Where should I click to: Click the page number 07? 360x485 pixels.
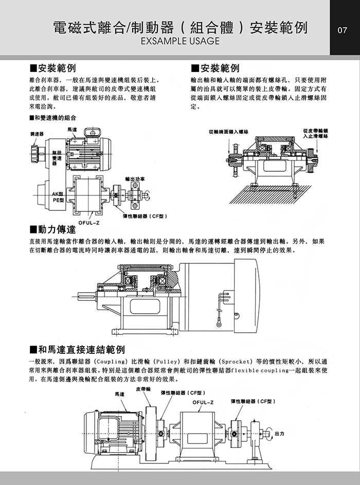click(x=343, y=30)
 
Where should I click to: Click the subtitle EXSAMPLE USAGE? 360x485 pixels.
click(x=180, y=41)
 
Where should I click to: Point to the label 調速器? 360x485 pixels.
click(x=37, y=133)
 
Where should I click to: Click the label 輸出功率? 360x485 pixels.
click(x=134, y=178)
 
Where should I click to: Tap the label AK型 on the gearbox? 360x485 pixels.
click(x=58, y=193)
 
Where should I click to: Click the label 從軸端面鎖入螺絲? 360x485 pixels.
click(x=229, y=132)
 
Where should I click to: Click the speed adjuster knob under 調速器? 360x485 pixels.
click(x=35, y=152)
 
